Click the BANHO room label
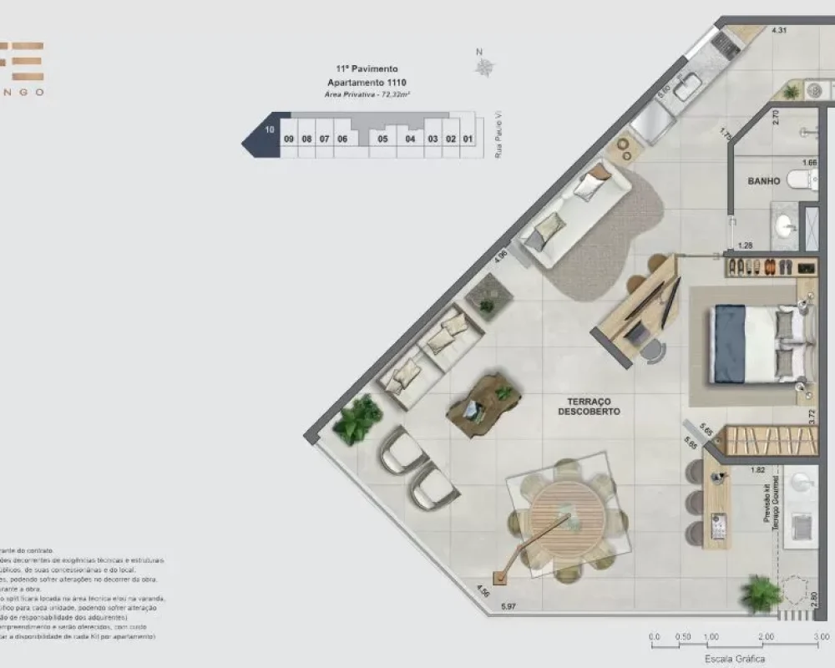click(764, 180)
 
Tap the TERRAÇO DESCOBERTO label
click(589, 406)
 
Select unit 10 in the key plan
click(269, 130)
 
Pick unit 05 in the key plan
click(382, 139)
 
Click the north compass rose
click(483, 67)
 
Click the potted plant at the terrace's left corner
click(357, 419)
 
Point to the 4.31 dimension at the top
click(780, 31)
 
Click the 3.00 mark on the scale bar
click(822, 636)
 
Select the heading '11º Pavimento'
click(367, 68)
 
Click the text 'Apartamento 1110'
click(367, 83)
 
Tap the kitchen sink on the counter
click(689, 86)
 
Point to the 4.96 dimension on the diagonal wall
click(501, 256)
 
